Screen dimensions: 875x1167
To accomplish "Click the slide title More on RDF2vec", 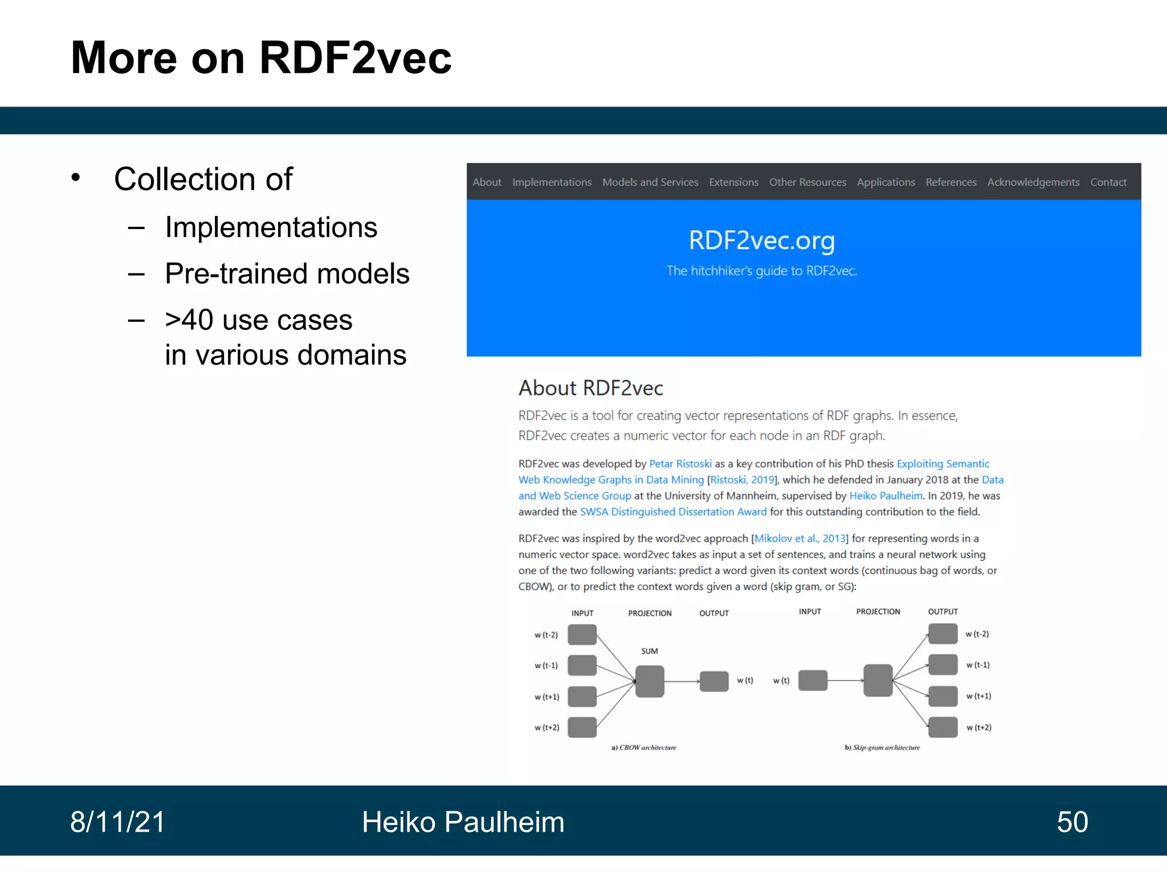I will [261, 58].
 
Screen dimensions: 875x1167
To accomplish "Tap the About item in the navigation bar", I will [487, 182].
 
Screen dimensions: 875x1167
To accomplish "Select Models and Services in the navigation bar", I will [650, 182].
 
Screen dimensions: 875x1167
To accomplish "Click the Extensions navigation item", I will [733, 182].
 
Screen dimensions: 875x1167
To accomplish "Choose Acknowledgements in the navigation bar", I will [1033, 182].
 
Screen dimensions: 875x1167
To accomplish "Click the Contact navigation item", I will [1108, 182].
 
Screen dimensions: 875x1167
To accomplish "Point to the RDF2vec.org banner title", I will [762, 240].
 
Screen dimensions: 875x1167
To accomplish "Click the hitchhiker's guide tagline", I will [762, 271].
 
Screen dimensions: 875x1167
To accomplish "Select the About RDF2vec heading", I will [591, 388].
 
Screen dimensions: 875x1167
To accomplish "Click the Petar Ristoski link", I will [680, 464].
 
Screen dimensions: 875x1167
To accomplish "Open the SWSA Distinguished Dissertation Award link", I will [673, 512].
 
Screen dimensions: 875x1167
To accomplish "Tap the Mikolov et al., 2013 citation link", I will [799, 538].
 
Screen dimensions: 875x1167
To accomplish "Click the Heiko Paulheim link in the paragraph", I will [886, 496].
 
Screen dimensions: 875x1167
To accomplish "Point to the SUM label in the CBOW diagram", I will [650, 651].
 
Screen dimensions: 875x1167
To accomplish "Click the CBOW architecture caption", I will [644, 747].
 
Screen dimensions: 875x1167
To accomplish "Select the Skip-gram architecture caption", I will [882, 747].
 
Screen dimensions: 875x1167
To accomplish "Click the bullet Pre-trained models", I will [287, 274].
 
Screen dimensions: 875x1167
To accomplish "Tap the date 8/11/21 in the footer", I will [117, 822].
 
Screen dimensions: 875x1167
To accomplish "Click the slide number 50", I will [1072, 822].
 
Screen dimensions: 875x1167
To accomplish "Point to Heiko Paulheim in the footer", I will [463, 822].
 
